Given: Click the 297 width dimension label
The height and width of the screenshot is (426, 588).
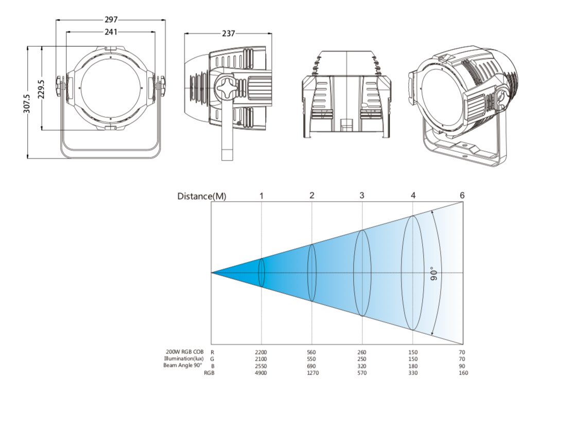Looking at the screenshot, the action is [x=111, y=20].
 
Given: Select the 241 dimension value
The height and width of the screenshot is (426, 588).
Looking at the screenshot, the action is [x=111, y=32].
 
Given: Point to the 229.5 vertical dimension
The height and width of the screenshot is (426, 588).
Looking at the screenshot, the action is [x=41, y=89].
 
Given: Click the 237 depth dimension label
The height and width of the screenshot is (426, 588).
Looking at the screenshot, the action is [x=229, y=34].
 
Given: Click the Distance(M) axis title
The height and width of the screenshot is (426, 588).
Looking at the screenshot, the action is [x=202, y=197].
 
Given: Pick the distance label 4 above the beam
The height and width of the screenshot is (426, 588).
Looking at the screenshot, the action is [x=413, y=195].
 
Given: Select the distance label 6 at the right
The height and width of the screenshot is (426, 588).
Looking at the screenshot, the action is [x=462, y=195].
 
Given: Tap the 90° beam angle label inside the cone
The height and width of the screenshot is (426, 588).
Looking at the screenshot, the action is [x=434, y=274].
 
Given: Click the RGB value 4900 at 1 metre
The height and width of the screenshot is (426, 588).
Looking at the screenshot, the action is [x=261, y=373].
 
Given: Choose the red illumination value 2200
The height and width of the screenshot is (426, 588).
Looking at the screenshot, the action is [x=261, y=352].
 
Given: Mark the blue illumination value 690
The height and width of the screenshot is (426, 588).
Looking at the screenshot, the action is [x=312, y=366].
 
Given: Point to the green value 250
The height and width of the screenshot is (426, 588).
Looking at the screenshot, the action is [x=361, y=359].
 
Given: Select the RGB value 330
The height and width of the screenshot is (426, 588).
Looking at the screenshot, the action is [x=413, y=373].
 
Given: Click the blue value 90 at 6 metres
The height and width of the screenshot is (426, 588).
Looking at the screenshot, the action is [x=462, y=366].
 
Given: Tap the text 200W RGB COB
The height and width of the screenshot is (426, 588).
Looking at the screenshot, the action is [x=184, y=352].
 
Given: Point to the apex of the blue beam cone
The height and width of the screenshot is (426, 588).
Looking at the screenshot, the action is [x=211, y=273].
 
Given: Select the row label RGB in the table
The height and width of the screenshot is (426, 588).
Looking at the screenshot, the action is [x=209, y=373].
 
